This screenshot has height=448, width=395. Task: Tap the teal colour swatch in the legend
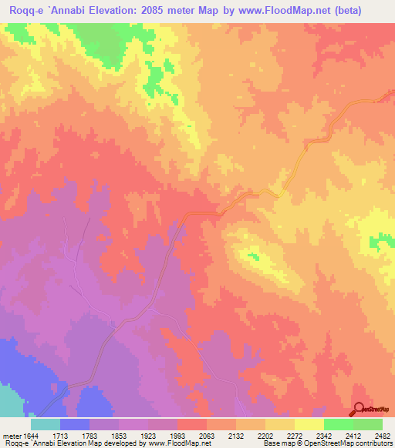[46, 424]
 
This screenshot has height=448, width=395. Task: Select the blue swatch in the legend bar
[75, 424]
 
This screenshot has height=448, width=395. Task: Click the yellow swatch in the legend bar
[309, 424]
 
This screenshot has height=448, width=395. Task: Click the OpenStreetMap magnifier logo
[359, 410]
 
